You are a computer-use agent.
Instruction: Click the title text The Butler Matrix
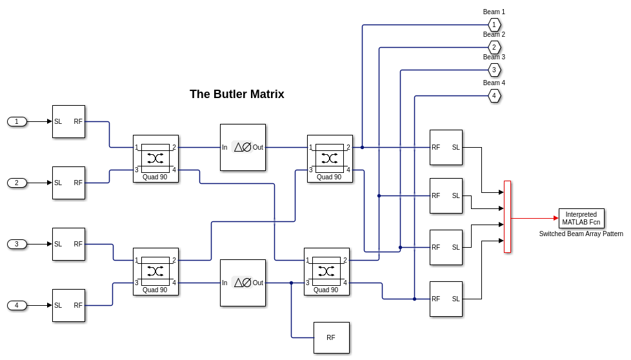click(237, 94)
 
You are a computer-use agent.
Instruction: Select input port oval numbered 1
click(17, 121)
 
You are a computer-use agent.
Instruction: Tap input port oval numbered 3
click(17, 244)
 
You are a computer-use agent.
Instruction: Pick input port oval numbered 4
click(17, 305)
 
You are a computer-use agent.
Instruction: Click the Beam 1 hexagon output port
click(494, 25)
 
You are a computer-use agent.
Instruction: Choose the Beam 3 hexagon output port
click(494, 70)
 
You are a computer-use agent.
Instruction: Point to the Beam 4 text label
click(494, 83)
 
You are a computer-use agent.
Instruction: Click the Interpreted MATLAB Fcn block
click(581, 218)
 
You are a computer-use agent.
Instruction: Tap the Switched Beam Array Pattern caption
click(581, 234)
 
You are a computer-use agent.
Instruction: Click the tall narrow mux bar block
click(507, 216)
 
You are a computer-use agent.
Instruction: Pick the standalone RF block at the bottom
click(331, 337)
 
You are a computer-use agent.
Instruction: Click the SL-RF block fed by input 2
click(68, 183)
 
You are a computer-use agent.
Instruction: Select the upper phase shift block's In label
click(225, 147)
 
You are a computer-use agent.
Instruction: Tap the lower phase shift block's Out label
click(258, 283)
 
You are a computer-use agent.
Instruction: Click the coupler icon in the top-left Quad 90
click(155, 158)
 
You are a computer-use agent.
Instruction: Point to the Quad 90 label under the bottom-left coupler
click(155, 290)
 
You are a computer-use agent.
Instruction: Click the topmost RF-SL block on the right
click(446, 147)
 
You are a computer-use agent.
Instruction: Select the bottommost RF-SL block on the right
click(446, 299)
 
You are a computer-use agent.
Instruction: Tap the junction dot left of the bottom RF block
click(291, 283)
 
